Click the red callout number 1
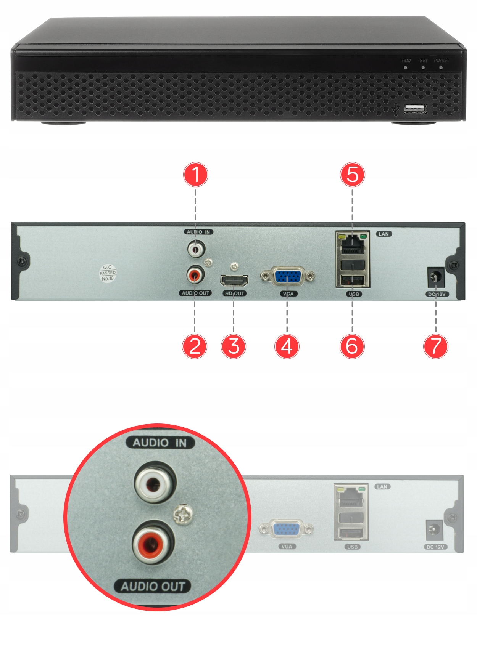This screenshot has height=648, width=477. (x=196, y=175)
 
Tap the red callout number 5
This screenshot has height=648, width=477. (x=352, y=175)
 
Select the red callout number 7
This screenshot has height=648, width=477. (x=435, y=346)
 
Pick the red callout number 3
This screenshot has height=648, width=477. (x=234, y=346)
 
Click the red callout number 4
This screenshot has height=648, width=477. (x=287, y=346)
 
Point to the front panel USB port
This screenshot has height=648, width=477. (x=415, y=109)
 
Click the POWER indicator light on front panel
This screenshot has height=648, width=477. (x=441, y=67)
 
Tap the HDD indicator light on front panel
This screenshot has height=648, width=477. (x=405, y=67)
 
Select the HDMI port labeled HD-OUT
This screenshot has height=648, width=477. (x=234, y=281)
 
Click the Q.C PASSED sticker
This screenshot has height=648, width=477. (x=108, y=273)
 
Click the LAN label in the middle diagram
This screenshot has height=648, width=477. (x=384, y=234)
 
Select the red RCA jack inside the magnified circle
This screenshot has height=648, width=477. (x=153, y=542)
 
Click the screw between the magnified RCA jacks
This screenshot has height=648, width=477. (x=183, y=515)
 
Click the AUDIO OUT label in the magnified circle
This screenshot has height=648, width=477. (x=153, y=586)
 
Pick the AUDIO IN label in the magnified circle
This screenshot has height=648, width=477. (x=160, y=443)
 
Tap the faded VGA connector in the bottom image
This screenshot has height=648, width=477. (x=286, y=529)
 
